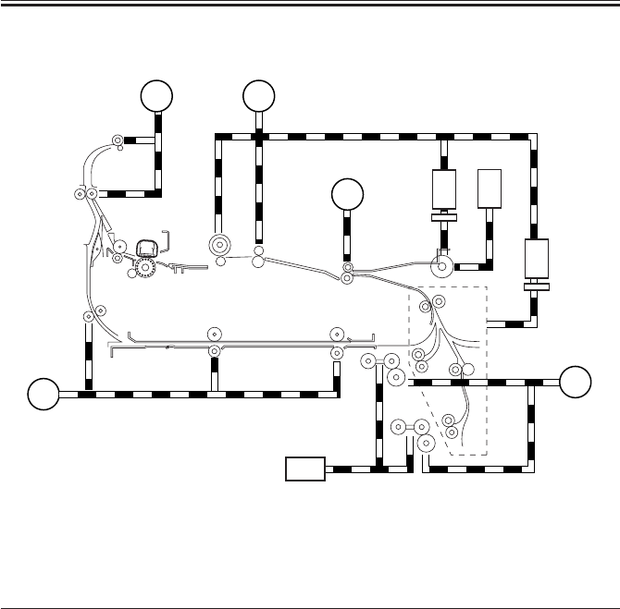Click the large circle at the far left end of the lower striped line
coord(41,393)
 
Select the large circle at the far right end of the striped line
coord(577,380)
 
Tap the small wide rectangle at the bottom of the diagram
coord(305,469)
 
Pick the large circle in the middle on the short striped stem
coord(347,195)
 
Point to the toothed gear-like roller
coord(143,268)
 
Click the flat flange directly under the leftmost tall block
coord(446,219)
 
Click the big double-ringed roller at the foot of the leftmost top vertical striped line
coord(220,246)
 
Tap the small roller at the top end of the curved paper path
coord(118,140)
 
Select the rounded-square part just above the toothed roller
coord(145,248)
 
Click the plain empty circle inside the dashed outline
coord(467,371)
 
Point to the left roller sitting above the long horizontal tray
coord(214,334)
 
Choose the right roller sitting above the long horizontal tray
coord(336,334)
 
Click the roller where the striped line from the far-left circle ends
coord(88,316)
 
